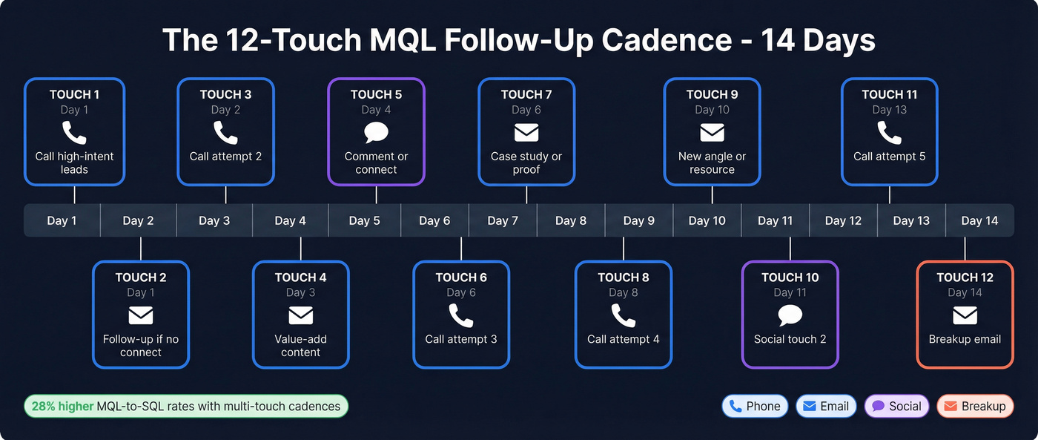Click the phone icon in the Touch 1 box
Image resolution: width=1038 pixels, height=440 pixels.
[x=74, y=133]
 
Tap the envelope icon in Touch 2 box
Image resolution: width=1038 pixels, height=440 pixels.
[x=141, y=316]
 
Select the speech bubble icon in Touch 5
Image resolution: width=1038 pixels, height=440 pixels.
[x=376, y=133]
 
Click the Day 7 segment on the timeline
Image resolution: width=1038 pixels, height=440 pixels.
[x=503, y=220]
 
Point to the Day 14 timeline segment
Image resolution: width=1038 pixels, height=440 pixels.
[x=979, y=220]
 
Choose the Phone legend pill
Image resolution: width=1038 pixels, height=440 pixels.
[x=755, y=406]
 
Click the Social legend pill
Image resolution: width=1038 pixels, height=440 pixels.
[x=896, y=406]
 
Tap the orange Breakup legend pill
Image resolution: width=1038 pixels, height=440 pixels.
[x=975, y=406]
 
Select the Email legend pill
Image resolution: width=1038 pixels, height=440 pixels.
[x=826, y=406]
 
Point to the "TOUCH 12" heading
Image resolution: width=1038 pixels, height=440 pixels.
[x=965, y=278]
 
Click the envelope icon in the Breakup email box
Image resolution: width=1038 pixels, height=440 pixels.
[x=965, y=316]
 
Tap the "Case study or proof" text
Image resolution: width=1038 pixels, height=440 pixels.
[x=526, y=162]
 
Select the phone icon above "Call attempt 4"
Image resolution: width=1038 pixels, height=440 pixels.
[x=623, y=316]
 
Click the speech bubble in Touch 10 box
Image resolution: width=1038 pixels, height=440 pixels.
[x=790, y=316]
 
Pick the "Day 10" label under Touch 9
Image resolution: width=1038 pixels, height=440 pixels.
[x=712, y=110]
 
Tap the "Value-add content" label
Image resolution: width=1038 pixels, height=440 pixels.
[x=300, y=346]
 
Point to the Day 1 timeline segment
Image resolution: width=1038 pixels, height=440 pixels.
[x=62, y=220]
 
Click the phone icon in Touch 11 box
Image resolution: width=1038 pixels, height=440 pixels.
[x=889, y=133]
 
